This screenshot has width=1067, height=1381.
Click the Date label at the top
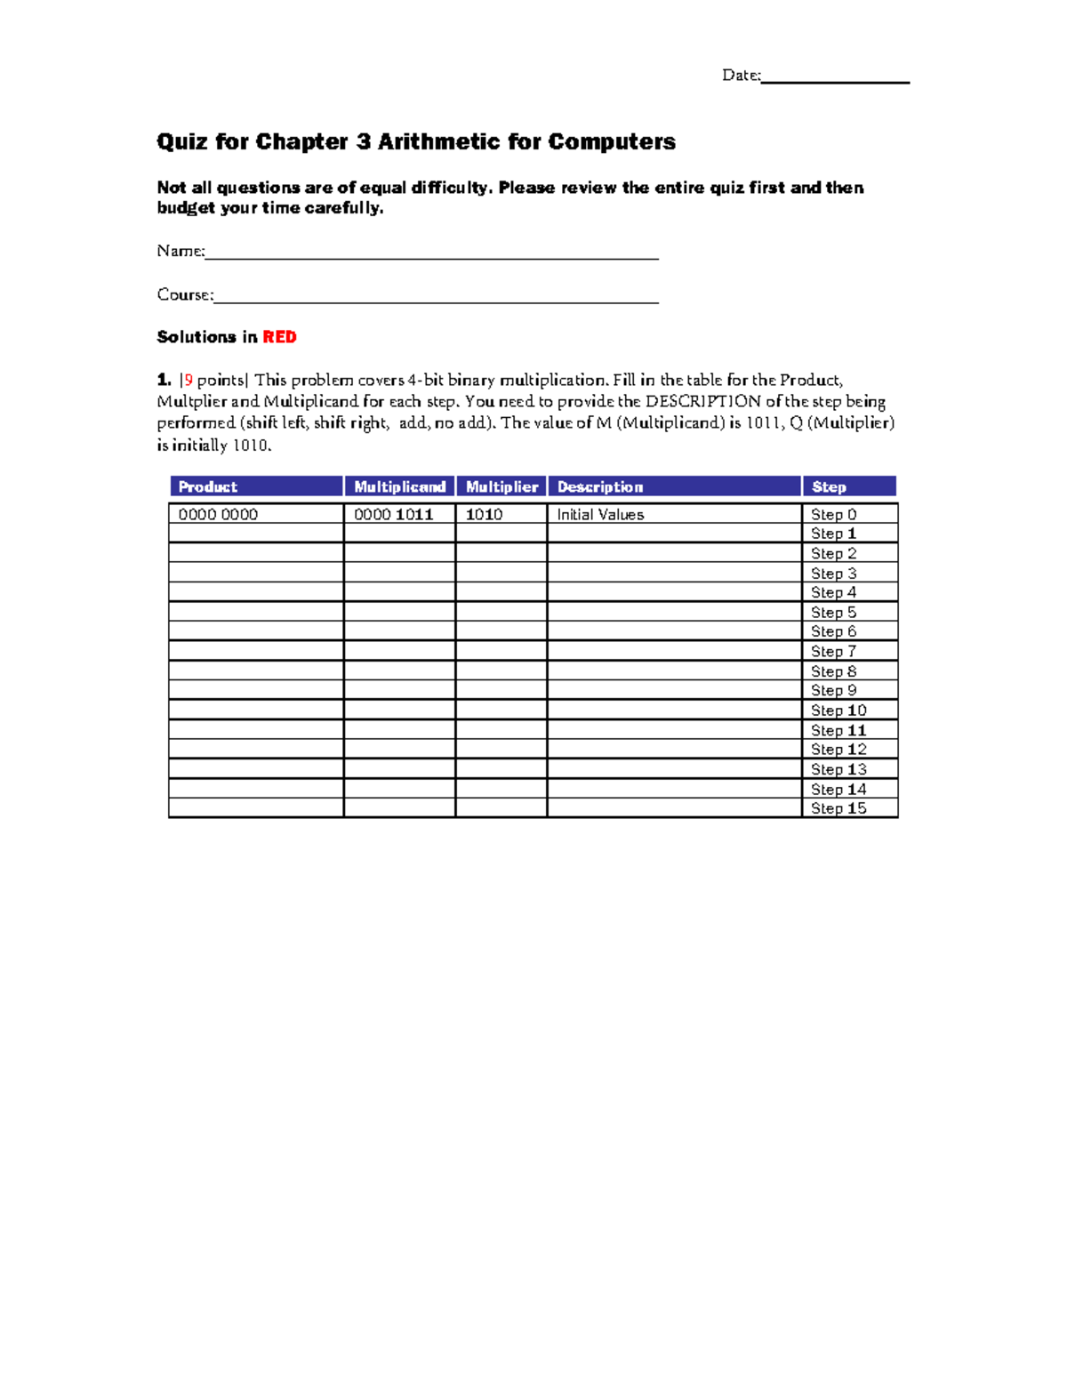tap(741, 76)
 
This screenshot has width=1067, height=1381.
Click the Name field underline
tap(431, 257)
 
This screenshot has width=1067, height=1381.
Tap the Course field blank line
tap(436, 301)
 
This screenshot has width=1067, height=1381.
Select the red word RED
tap(279, 337)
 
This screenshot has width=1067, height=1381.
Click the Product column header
tap(208, 486)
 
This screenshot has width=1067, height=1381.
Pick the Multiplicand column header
tap(399, 486)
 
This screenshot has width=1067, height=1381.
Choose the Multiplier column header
tap(501, 486)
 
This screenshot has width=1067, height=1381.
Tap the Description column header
tap(600, 486)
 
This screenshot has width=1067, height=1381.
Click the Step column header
tap(829, 486)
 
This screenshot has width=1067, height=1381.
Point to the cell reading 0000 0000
tap(218, 514)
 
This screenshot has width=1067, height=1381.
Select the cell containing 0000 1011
tap(393, 514)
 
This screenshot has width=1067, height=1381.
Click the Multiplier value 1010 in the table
tap(485, 514)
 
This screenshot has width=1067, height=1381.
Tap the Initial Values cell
tap(600, 514)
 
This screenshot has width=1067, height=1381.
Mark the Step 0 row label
tap(833, 514)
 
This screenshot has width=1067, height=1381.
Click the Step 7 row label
tap(833, 652)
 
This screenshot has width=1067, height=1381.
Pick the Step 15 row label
tap(838, 808)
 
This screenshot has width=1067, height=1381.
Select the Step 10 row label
tap(838, 711)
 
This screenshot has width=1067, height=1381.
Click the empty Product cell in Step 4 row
tap(256, 592)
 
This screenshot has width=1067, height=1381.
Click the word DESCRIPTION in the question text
tap(702, 401)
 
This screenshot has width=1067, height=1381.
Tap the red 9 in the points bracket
tap(189, 380)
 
